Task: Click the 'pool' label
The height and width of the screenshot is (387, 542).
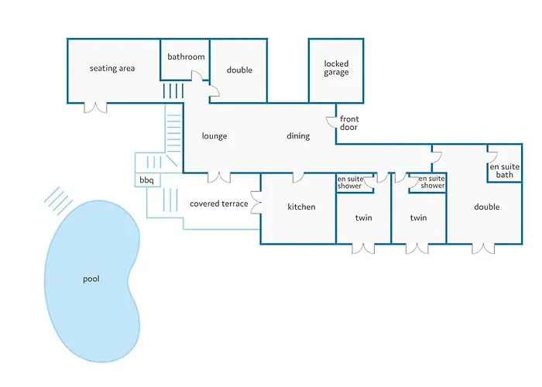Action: [91, 279]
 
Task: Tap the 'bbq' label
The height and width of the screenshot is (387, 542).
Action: [146, 180]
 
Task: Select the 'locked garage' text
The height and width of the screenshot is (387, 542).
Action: [336, 67]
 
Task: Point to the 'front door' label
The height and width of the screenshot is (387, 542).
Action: [349, 123]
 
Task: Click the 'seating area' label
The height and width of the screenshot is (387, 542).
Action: [112, 68]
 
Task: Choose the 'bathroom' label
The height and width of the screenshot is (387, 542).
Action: [186, 57]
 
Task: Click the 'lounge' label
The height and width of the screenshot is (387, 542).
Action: [214, 136]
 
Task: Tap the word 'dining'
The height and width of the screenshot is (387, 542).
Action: [298, 136]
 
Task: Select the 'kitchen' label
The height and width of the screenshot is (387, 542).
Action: [301, 207]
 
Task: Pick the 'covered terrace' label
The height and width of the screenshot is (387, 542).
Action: [219, 204]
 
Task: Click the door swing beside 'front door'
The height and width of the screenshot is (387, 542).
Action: [330, 122]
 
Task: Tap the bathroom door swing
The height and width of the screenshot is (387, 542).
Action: [198, 77]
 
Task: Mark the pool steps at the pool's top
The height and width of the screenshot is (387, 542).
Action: [58, 198]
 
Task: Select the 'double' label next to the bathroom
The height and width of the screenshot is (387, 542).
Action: [239, 70]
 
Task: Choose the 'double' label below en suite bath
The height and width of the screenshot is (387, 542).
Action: [487, 207]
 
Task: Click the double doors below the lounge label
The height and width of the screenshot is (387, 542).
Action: [218, 177]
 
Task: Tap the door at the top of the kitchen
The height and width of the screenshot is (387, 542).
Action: [297, 178]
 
